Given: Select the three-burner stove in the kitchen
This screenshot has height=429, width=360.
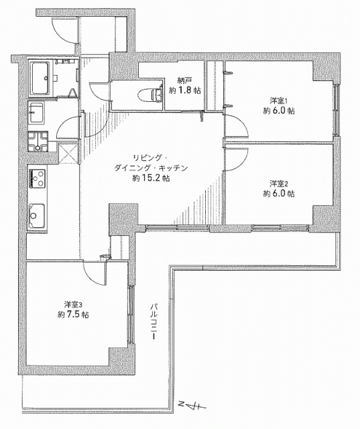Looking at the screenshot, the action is tap(37, 178).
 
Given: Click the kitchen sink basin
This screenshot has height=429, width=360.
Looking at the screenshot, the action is tap(37, 216).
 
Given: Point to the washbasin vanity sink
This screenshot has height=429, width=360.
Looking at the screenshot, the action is tap(36, 112).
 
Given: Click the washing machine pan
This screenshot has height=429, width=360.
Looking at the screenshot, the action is tap(38, 141).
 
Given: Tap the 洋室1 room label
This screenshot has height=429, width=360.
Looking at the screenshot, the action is tap(279, 101).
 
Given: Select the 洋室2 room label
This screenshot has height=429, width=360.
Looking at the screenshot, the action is tap(279, 183).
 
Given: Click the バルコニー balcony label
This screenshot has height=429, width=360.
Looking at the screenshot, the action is tap(154, 321).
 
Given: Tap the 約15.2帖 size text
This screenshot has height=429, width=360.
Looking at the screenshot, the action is tap(151, 178).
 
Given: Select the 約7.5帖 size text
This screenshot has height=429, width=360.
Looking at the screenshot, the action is tap(73, 314).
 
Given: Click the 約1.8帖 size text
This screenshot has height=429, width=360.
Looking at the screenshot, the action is tap(184, 90).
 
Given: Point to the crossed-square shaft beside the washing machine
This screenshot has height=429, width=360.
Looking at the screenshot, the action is tap(68, 153).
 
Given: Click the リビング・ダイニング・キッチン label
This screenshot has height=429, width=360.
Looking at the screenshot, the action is tap(151, 163).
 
